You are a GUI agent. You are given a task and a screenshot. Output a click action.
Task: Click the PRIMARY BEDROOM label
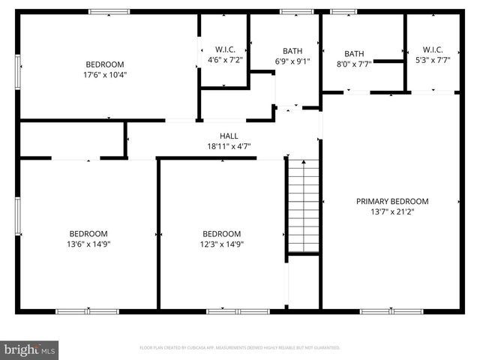[x=392, y=201]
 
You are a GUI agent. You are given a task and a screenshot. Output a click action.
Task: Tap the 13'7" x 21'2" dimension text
[x=392, y=211]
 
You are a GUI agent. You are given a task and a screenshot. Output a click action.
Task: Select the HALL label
[x=229, y=136]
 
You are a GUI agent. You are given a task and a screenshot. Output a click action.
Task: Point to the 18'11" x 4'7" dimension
[x=229, y=146]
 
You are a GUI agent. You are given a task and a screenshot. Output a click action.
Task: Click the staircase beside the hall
[x=304, y=206]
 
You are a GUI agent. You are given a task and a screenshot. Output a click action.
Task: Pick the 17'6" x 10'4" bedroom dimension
[x=104, y=75]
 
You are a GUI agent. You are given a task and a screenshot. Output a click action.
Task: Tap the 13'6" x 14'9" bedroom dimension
[x=88, y=244]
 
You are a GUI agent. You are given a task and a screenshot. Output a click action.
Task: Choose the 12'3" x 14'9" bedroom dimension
[x=221, y=244]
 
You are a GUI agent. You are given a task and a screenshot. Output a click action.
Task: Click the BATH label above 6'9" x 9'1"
[x=292, y=51]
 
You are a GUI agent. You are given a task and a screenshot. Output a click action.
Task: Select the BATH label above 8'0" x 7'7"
[x=354, y=54]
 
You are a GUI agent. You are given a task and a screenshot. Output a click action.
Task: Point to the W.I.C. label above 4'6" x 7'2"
[x=225, y=49]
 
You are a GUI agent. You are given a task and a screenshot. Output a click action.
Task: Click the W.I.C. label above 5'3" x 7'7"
[x=433, y=49]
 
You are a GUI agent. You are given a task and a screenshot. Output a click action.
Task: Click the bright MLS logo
[x=30, y=349]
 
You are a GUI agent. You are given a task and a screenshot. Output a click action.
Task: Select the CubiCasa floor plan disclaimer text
[x=240, y=348]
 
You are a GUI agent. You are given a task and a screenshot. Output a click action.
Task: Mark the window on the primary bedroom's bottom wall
[x=391, y=311]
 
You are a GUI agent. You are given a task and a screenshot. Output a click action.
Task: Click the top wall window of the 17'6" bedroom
[x=109, y=12]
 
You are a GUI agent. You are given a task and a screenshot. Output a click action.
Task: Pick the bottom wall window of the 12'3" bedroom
[x=227, y=311]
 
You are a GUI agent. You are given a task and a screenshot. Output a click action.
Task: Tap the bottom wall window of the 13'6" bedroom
[x=87, y=311]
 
